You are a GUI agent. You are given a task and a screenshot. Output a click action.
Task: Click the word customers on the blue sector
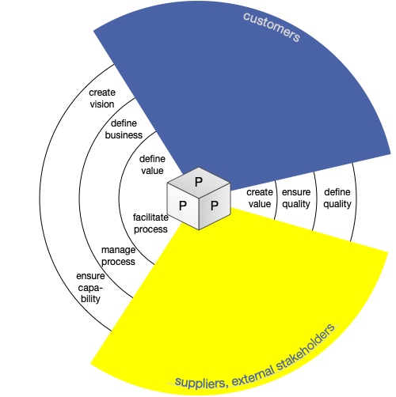(272, 27)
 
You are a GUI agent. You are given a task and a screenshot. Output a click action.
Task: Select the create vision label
(102, 99)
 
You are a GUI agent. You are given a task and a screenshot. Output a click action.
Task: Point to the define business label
(124, 129)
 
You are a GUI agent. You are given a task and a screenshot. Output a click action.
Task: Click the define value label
(152, 164)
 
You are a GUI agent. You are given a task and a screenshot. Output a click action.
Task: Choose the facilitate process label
(150, 223)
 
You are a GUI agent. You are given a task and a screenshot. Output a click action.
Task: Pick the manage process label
(118, 255)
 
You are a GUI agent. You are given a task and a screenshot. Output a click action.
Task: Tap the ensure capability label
(90, 288)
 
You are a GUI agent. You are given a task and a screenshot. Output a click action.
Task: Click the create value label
(260, 198)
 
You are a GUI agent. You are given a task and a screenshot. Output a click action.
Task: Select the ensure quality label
(296, 198)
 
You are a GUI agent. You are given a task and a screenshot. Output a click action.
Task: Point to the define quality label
(337, 198)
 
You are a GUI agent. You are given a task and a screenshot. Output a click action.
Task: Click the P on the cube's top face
(199, 182)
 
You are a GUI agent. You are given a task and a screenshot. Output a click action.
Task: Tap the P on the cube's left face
(183, 206)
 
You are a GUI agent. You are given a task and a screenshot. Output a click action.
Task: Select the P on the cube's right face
(215, 206)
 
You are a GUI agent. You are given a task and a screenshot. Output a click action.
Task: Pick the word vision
(102, 104)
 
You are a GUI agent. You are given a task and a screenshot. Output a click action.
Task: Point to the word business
(124, 135)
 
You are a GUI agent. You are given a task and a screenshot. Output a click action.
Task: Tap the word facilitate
(150, 217)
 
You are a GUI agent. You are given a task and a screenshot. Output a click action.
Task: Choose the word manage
(118, 250)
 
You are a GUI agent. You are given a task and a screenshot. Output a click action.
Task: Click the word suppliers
(200, 382)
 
